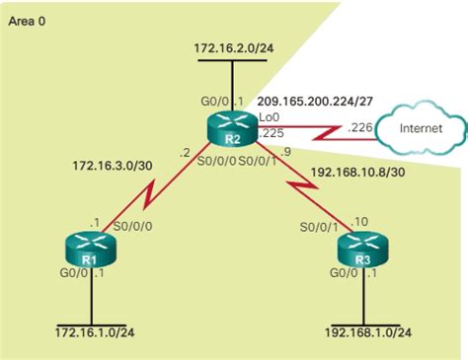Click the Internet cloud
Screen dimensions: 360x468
coord(421,128)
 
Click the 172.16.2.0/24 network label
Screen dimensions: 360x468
coord(232,46)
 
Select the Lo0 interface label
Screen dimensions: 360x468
coord(268,116)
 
